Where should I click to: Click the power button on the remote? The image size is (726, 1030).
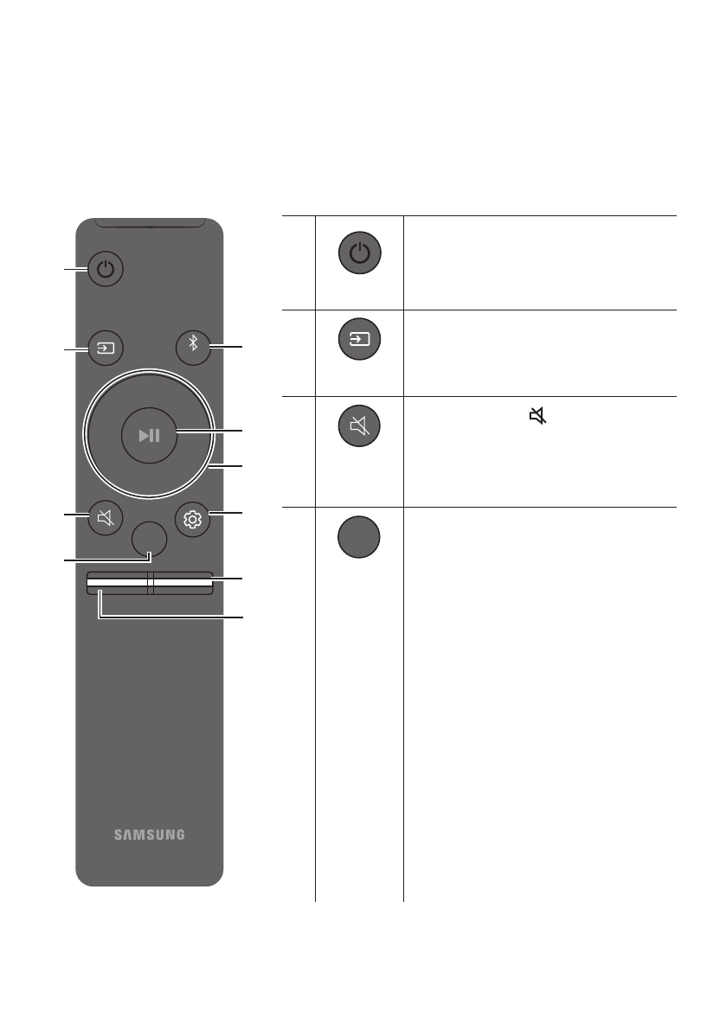tap(106, 268)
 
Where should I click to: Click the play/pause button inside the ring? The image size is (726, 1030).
tap(149, 433)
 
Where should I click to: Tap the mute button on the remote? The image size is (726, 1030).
tap(106, 518)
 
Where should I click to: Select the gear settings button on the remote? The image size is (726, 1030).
tap(192, 518)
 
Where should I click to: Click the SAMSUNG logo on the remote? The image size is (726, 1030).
tap(149, 835)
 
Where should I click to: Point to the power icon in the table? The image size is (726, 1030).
tap(359, 254)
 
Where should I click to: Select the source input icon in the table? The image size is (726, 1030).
tap(359, 340)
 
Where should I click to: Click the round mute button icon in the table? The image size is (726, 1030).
tap(359, 425)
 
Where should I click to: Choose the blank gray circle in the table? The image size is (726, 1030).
tap(359, 535)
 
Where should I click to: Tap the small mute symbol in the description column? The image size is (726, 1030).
tap(538, 417)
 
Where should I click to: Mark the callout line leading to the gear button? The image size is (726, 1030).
tap(227, 516)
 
